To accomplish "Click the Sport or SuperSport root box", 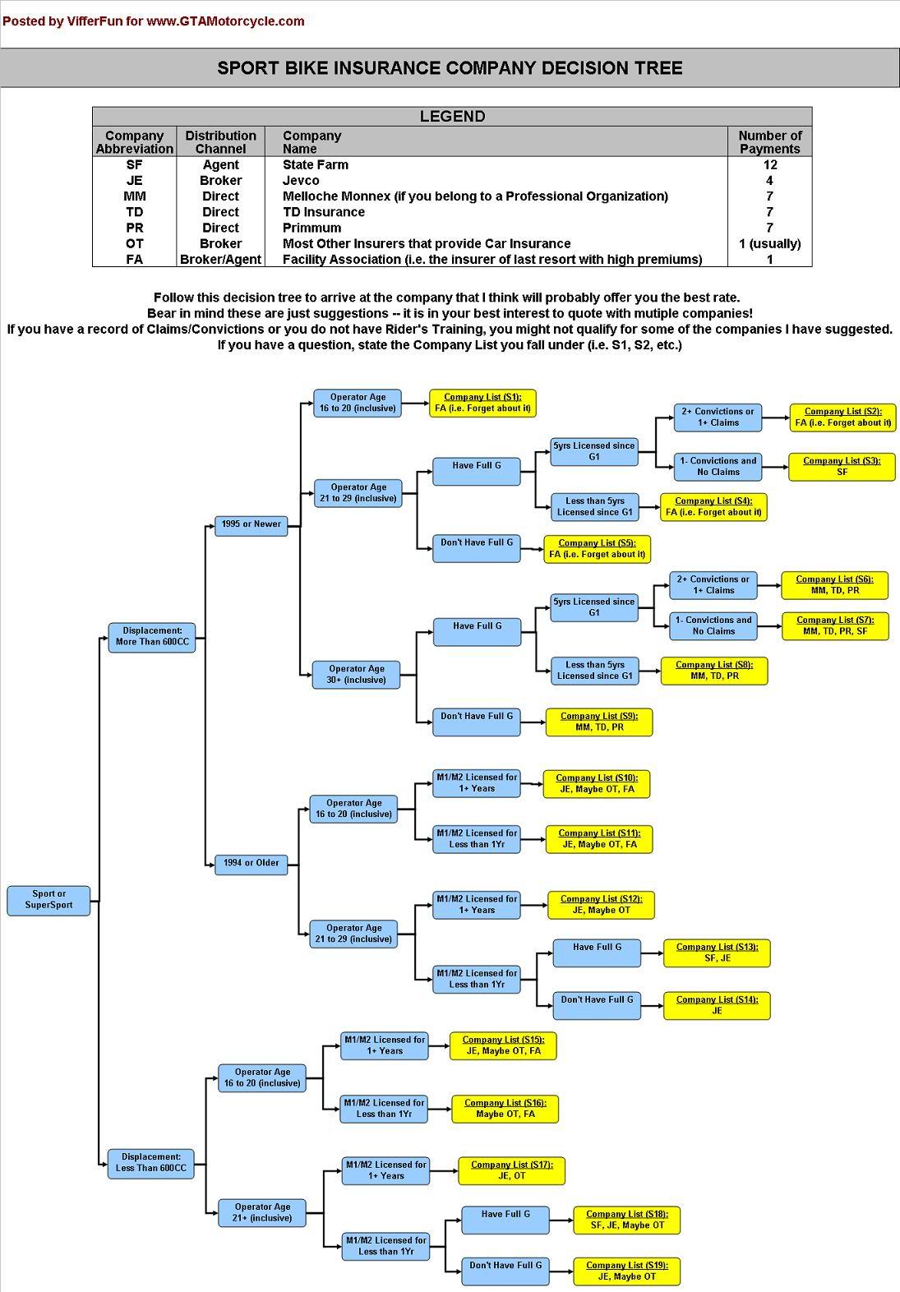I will pyautogui.click(x=48, y=900).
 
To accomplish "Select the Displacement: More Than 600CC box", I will pyautogui.click(x=152, y=637).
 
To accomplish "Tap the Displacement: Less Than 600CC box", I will pyautogui.click(x=151, y=1163).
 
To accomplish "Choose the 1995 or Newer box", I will pyautogui.click(x=251, y=524).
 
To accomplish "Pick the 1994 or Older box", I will pyautogui.click(x=251, y=863).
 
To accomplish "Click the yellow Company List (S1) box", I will pyautogui.click(x=482, y=403).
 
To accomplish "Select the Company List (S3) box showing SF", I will pyautogui.click(x=842, y=467).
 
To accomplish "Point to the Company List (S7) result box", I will pyautogui.click(x=834, y=626).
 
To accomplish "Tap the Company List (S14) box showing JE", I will pyautogui.click(x=717, y=1005).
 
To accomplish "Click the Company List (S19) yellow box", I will pyautogui.click(x=626, y=1271).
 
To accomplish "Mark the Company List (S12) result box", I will pyautogui.click(x=601, y=905).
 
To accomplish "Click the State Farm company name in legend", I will pyautogui.click(x=316, y=164).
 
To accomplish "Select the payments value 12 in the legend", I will pyautogui.click(x=769, y=164).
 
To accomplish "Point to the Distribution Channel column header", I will pyautogui.click(x=220, y=142).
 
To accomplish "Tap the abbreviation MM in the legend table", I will pyautogui.click(x=134, y=196).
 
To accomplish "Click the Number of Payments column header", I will pyautogui.click(x=769, y=142).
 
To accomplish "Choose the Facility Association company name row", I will pyautogui.click(x=492, y=260).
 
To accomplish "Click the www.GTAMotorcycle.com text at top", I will pyautogui.click(x=225, y=21).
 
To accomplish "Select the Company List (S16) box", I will pyautogui.click(x=505, y=1109).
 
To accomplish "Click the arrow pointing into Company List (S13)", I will pyautogui.click(x=653, y=953).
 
